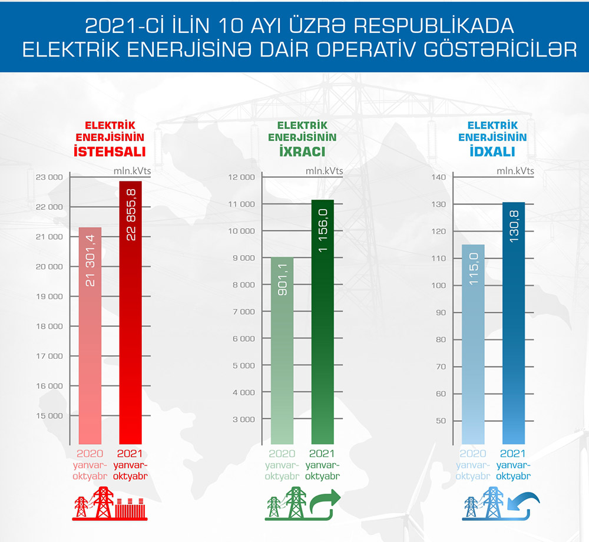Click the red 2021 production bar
coord(130,312)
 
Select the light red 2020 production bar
coord(90,336)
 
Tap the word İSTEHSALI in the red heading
coord(110,152)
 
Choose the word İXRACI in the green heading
coord(302,152)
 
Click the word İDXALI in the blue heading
coord(492,152)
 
